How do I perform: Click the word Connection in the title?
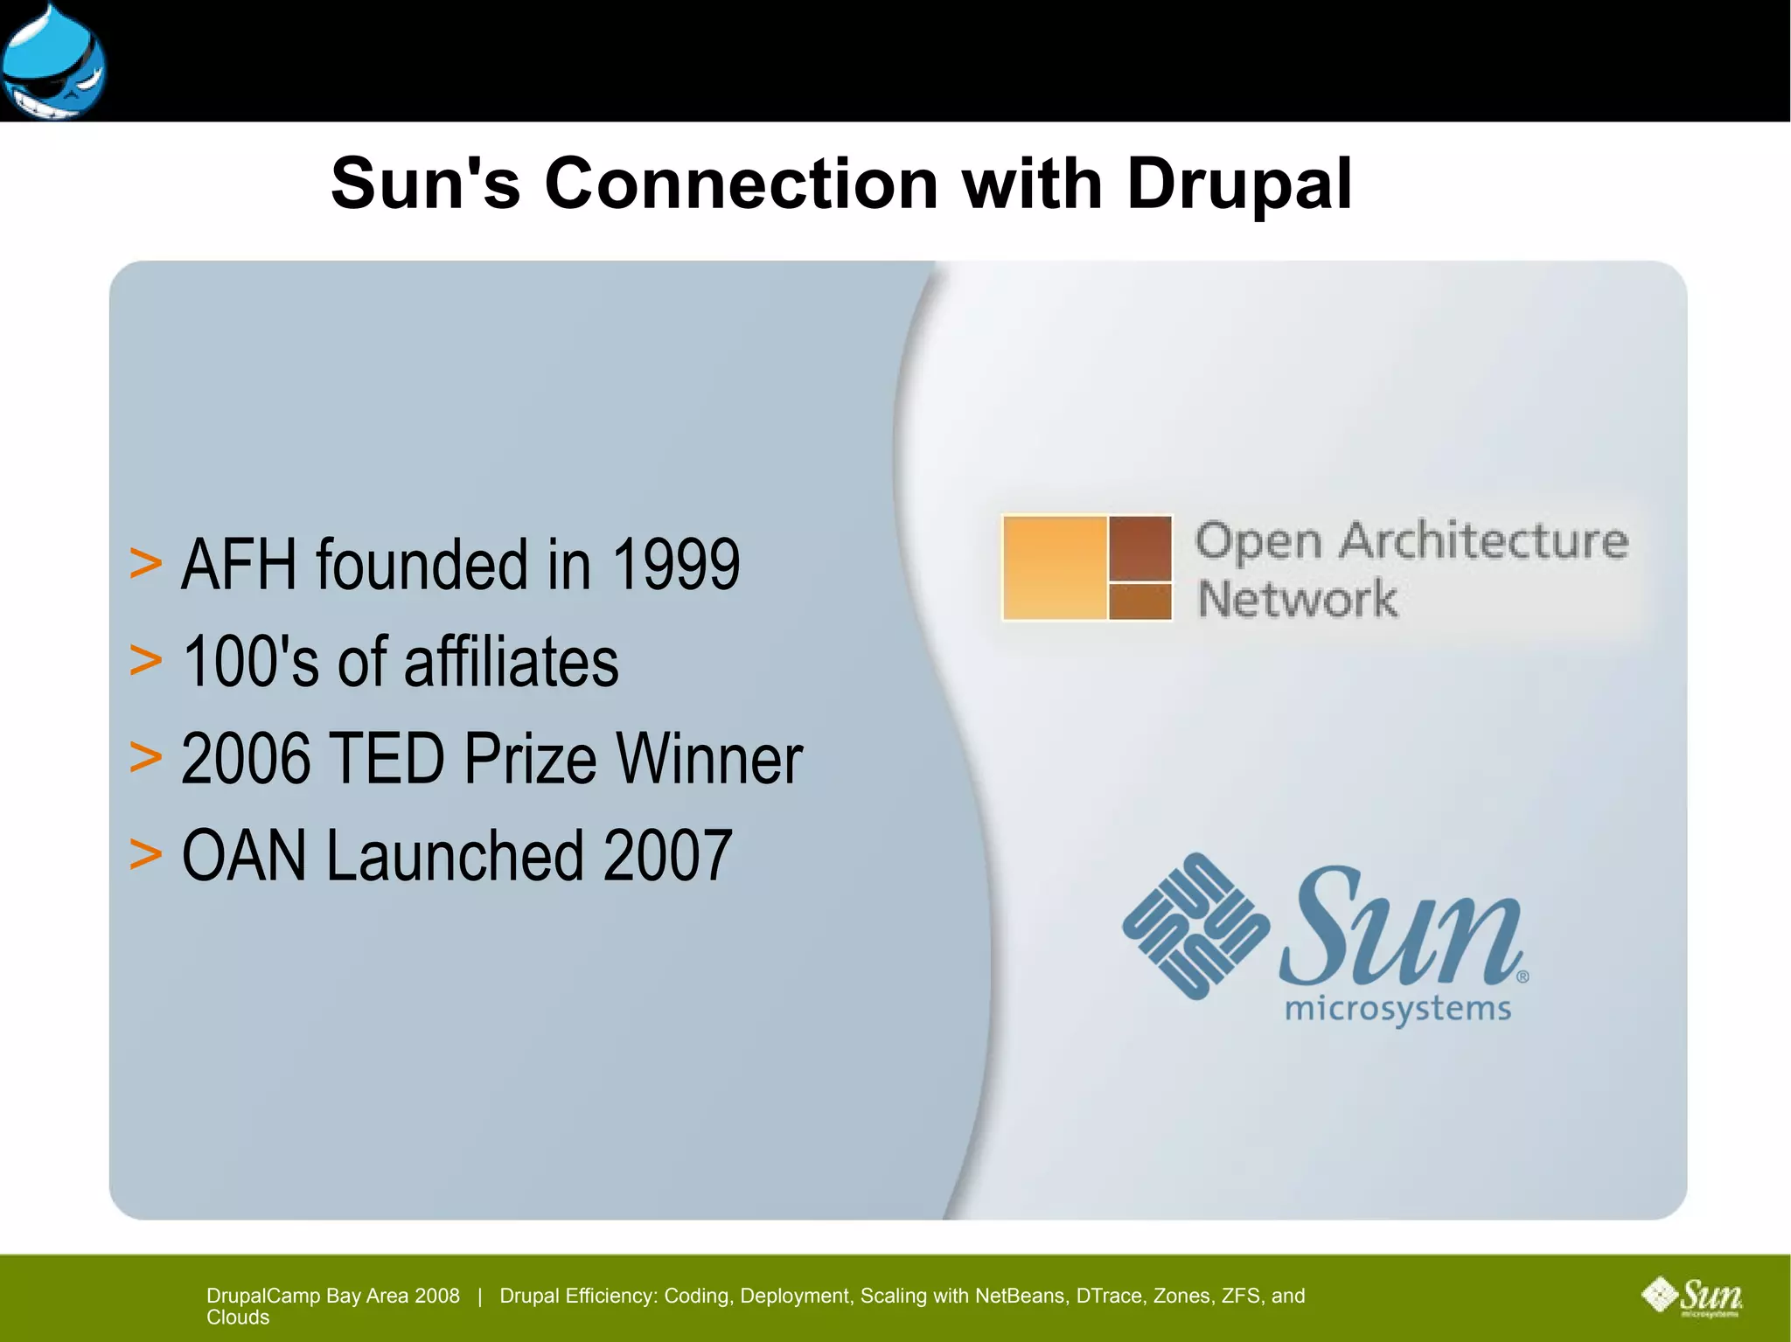pos(742,184)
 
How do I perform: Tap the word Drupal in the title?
pos(1239,185)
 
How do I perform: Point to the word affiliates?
pos(511,661)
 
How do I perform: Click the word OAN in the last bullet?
pos(244,855)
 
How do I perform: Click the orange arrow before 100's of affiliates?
pos(145,659)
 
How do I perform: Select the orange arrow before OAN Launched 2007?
pos(145,853)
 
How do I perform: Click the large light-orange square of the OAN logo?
pos(1055,567)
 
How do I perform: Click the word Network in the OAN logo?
pos(1297,600)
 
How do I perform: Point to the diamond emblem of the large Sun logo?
pos(1195,926)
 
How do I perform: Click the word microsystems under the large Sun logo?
pos(1397,1010)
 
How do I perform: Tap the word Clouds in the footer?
pos(238,1318)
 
